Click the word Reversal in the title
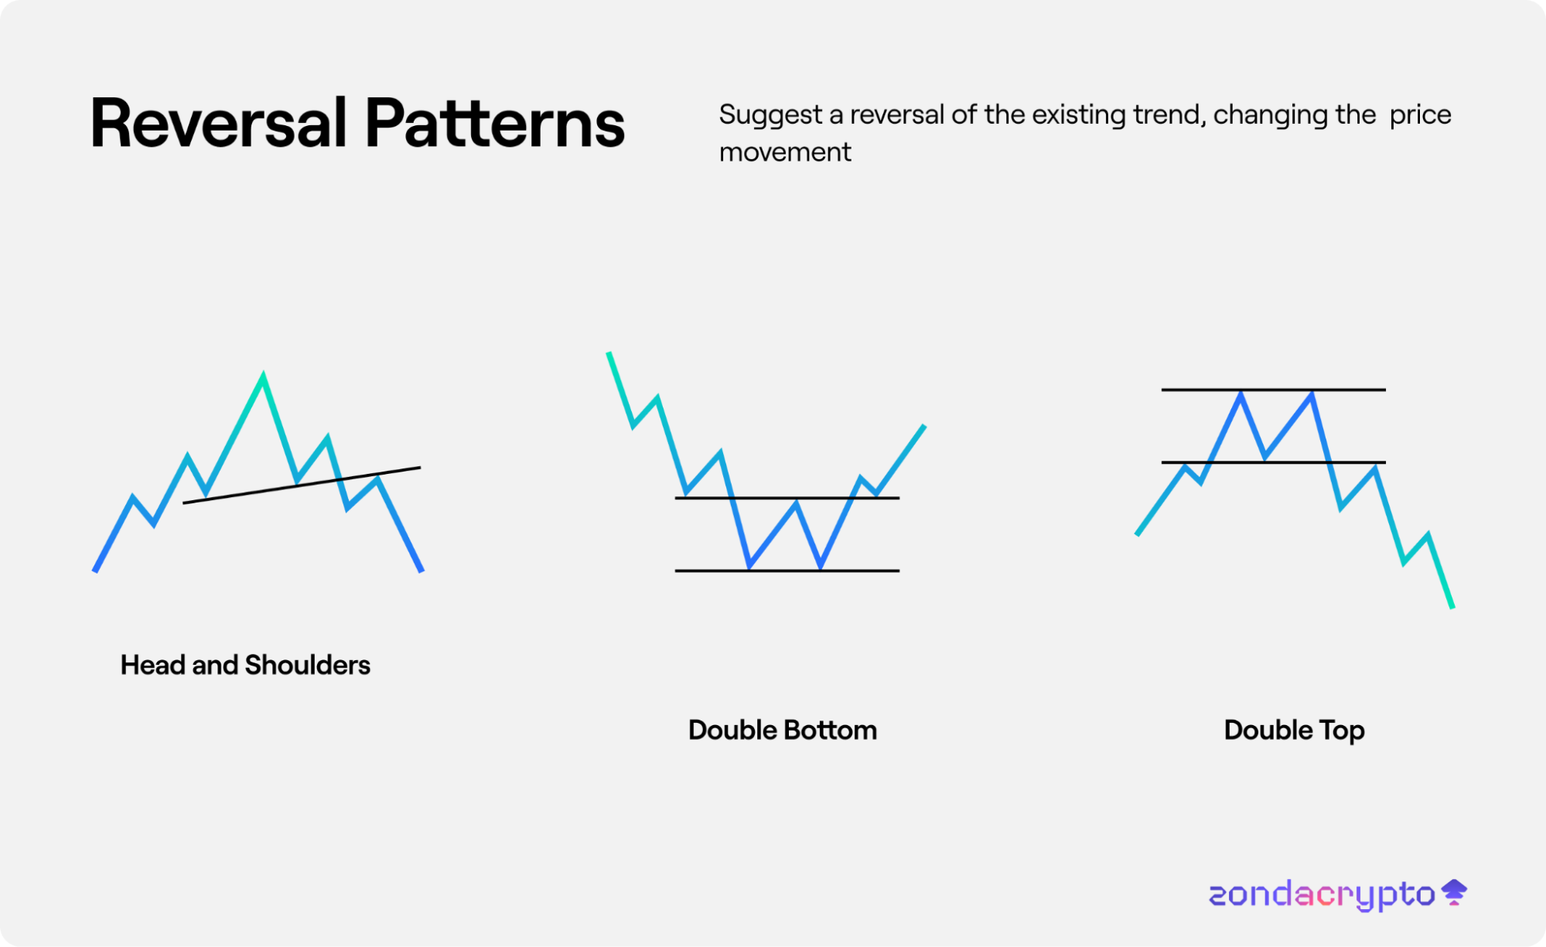tap(218, 123)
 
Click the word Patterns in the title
tap(495, 123)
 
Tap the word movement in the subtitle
tap(785, 152)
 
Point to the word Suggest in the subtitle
tap(770, 116)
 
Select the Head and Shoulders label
tap(245, 665)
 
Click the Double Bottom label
tap(783, 730)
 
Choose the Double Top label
tap(1294, 731)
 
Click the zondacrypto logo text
tap(1322, 895)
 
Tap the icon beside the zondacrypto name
tap(1455, 892)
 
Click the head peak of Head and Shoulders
tap(263, 377)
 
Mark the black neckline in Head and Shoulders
tap(302, 485)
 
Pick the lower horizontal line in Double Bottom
tap(787, 571)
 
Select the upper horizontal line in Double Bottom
tap(787, 498)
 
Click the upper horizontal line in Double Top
tap(1274, 390)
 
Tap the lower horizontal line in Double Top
tap(1274, 462)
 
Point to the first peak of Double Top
tap(1241, 396)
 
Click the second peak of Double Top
tap(1312, 396)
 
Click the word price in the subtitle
tap(1421, 116)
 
